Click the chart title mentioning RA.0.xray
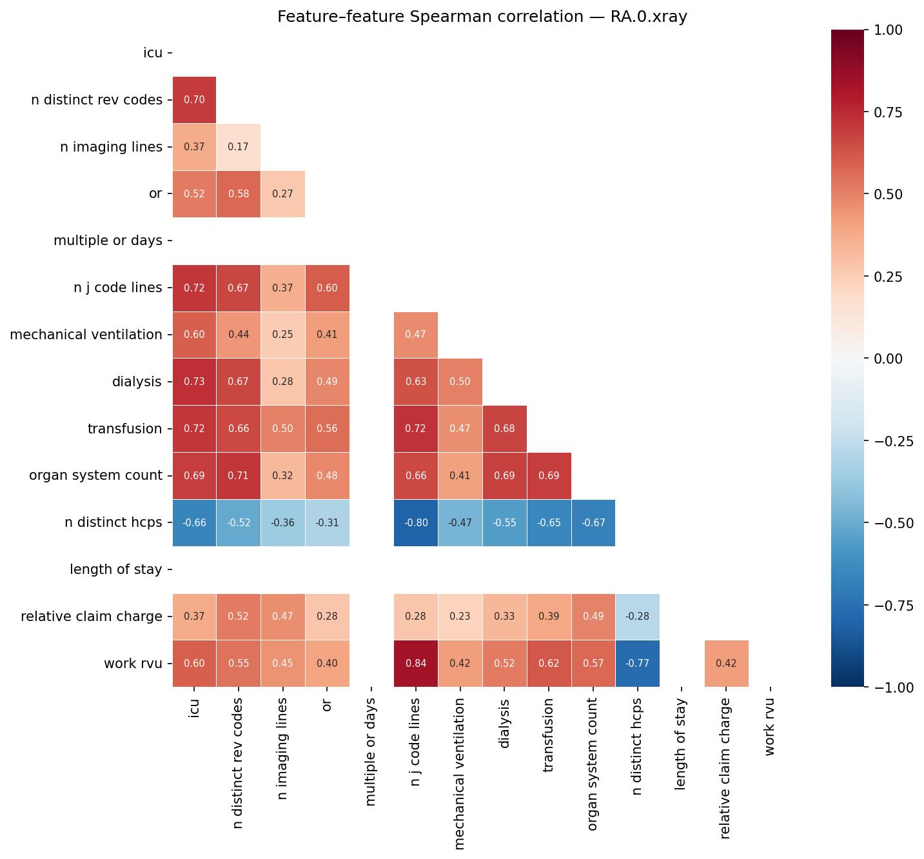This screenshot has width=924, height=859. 482,17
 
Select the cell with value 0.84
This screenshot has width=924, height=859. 416,664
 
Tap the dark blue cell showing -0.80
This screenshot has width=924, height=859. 416,523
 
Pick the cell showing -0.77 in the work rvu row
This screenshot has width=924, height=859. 637,664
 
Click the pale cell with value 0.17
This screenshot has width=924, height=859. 239,147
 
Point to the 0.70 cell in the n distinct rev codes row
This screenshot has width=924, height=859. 194,100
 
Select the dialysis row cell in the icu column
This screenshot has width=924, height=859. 194,382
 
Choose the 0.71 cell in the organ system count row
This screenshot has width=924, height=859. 239,476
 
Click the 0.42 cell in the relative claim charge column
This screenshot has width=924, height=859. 726,664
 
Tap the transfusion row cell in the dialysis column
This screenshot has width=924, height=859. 504,429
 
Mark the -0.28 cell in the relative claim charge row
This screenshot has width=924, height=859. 637,617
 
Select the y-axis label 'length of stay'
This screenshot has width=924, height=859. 115,569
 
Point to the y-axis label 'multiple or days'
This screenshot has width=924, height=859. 108,241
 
